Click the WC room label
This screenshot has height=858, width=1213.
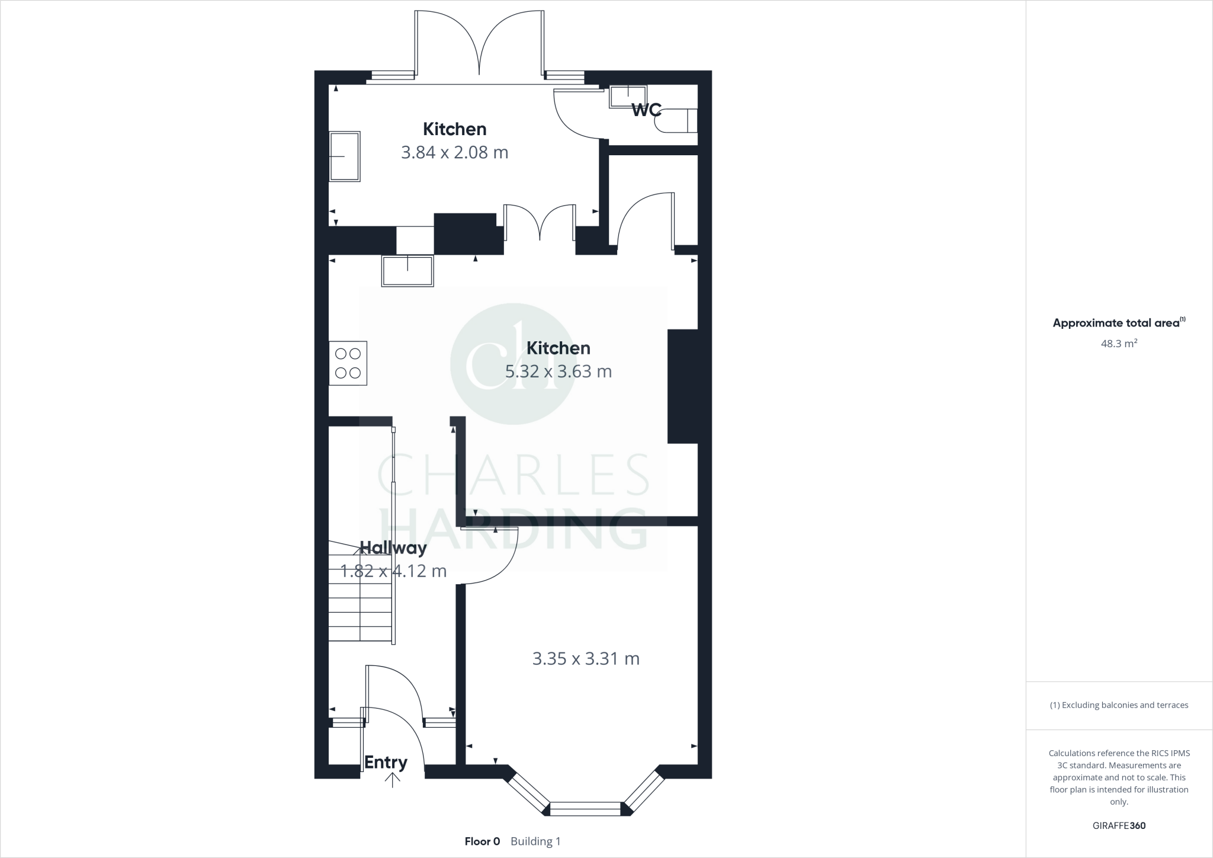click(x=645, y=110)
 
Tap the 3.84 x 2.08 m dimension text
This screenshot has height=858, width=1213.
click(x=454, y=153)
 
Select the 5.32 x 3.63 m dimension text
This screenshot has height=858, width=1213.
click(x=558, y=372)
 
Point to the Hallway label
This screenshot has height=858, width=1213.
click(x=393, y=548)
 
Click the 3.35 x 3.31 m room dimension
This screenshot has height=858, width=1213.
click(x=586, y=659)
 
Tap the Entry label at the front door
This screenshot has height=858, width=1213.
click(x=386, y=763)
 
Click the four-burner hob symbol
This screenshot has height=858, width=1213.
click(x=348, y=363)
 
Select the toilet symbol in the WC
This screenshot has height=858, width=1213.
click(x=675, y=121)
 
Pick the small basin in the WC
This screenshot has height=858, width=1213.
click(x=627, y=96)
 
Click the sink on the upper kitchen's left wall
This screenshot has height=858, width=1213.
click(x=345, y=156)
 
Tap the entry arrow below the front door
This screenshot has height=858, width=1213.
click(x=392, y=781)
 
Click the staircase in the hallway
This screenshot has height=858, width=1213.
click(x=360, y=598)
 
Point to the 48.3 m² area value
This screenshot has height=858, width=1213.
click(x=1118, y=344)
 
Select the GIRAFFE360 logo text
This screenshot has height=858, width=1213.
click(x=1119, y=825)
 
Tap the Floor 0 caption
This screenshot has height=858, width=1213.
click(x=482, y=841)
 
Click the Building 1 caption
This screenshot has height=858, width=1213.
click(x=535, y=841)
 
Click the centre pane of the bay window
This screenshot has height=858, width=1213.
click(x=585, y=809)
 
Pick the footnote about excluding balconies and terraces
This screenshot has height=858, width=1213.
click(x=1119, y=705)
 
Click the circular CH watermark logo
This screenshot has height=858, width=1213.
click(x=512, y=363)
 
